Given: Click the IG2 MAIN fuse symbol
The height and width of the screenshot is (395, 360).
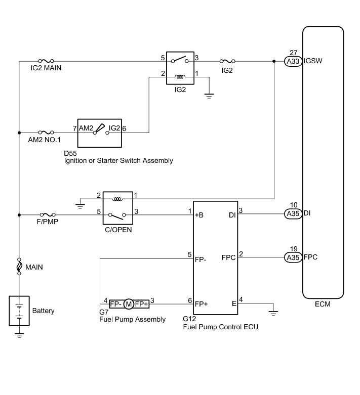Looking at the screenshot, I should pos(46,61).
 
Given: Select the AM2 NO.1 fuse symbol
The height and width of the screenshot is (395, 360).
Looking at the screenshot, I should pos(46,132).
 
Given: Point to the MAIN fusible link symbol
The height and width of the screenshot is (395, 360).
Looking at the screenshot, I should pos(19,266).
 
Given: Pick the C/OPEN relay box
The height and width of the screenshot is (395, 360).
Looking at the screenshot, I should pos(117,207).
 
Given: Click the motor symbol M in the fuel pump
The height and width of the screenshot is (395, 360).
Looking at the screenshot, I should pos(128,304).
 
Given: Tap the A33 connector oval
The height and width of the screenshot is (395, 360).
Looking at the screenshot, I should pos(293,61).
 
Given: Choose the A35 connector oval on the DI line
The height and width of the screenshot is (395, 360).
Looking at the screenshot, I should pos(293,214).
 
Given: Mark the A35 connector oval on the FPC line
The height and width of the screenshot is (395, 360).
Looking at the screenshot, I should pos(293,257).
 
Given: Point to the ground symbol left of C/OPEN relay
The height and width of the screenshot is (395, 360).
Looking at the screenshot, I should pos(79,204).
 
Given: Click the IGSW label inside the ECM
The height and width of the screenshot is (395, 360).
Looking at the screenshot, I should pos(313,61).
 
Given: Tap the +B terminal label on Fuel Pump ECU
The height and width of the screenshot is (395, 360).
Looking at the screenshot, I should pos(199,214).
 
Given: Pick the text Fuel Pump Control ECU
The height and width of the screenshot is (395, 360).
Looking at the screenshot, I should pos(221,327).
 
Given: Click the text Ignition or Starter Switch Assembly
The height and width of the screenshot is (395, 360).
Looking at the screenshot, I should pos(118,160).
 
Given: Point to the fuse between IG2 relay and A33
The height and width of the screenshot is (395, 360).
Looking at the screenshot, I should pos(227,61).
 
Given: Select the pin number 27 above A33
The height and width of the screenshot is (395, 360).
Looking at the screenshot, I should pos(293,52).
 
